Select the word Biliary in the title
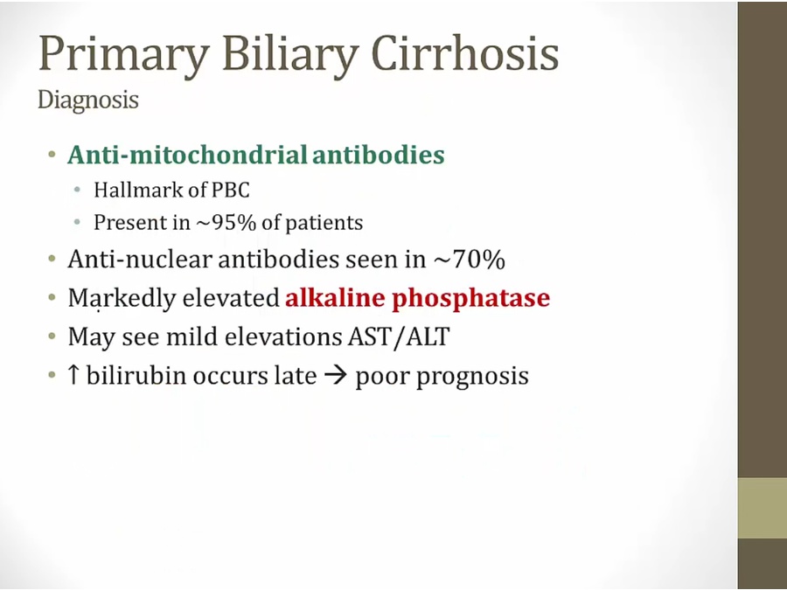click(x=290, y=52)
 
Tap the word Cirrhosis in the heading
click(x=465, y=52)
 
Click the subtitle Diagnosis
click(x=87, y=100)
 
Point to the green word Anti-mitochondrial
click(x=188, y=154)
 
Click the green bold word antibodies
click(x=378, y=154)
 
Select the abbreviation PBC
click(x=230, y=191)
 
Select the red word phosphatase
click(x=470, y=299)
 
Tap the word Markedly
click(x=122, y=299)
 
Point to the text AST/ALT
click(x=399, y=337)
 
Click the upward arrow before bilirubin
click(x=73, y=375)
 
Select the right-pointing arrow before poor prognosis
click(x=336, y=376)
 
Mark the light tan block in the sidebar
click(x=762, y=508)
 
